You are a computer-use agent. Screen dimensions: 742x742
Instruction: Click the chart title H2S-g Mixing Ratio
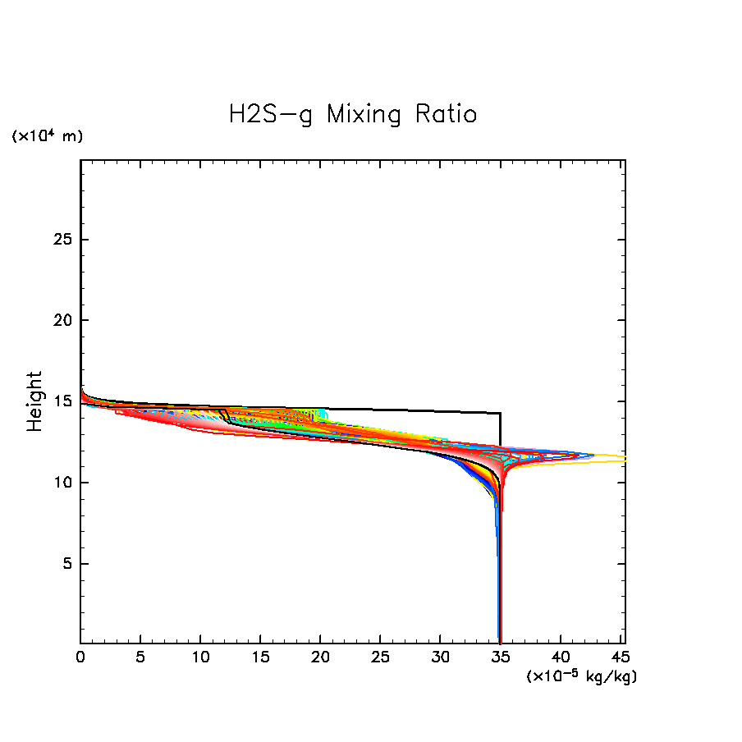352,114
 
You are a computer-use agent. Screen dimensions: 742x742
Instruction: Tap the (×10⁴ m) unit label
47,136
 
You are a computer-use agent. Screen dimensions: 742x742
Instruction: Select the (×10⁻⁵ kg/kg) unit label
581,676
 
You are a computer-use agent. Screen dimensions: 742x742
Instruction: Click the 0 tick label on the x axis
80,658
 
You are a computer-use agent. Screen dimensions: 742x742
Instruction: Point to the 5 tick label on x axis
140,658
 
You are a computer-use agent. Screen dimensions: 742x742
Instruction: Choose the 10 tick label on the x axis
200,658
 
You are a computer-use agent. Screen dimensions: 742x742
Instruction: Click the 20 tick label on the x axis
320,658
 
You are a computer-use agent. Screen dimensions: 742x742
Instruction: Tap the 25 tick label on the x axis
380,658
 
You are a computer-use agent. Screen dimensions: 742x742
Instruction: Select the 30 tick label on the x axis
440,658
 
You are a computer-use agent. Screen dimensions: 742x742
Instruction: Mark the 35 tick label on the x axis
501,658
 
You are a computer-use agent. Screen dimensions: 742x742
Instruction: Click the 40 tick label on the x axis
561,658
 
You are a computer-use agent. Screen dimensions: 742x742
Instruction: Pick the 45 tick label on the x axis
620,658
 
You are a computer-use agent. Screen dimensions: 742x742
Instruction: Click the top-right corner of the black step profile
501,414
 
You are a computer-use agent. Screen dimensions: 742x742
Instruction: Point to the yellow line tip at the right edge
623,458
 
